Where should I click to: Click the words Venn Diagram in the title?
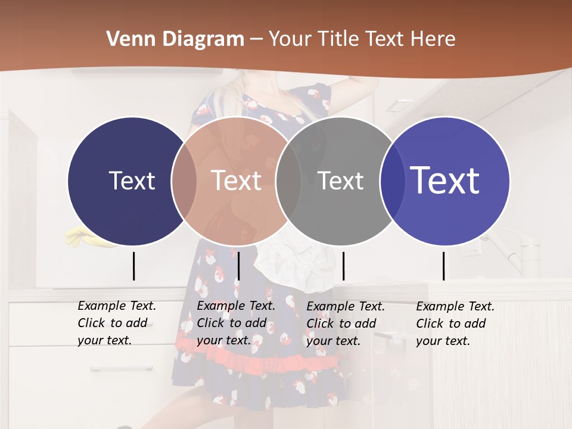pos(175,39)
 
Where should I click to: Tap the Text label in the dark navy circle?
pos(132,181)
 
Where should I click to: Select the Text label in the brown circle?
pos(236,181)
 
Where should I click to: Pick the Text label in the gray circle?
pos(340,181)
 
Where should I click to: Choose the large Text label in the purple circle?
pos(445,181)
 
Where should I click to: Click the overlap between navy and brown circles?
pos(184,181)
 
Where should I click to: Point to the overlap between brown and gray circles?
pos(288,181)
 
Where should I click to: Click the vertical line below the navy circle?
pos(133,266)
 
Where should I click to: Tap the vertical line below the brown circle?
pos(238,266)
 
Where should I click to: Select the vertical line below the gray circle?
pos(343,266)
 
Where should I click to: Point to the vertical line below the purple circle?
pos(443,266)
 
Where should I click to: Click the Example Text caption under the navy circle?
pos(116,323)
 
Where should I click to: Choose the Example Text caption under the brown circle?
pos(235,323)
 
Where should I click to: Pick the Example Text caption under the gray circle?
pos(345,324)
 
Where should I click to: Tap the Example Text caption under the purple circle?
pos(455,324)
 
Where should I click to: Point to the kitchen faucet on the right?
pos(518,250)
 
